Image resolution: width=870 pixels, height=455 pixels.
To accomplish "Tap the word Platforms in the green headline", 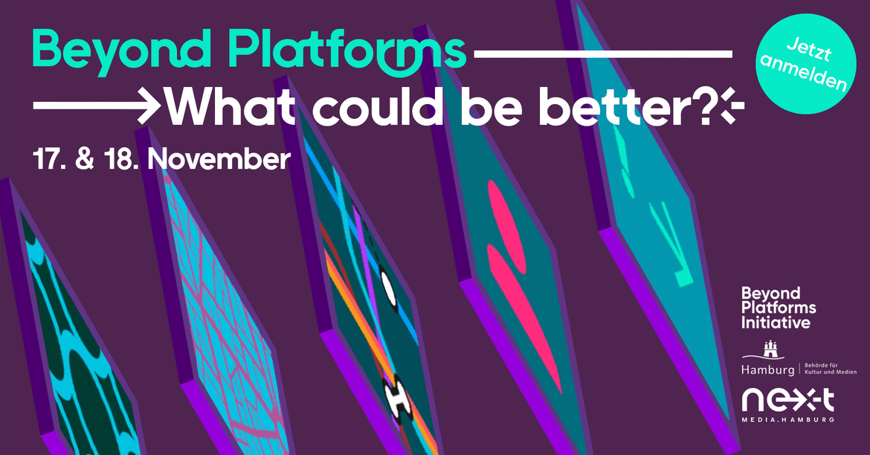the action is click(347, 52).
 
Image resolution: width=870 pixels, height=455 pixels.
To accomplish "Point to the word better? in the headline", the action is click(626, 106).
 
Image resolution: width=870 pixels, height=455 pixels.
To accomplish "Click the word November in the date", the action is click(219, 159).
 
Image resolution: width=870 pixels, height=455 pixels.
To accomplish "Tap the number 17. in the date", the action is click(49, 159).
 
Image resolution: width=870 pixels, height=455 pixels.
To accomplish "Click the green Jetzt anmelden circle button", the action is click(805, 64).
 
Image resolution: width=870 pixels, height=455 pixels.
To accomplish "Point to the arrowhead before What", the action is click(149, 105).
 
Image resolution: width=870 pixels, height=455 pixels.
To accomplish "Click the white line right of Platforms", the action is click(603, 54).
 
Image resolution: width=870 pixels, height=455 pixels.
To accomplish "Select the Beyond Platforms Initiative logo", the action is click(779, 308).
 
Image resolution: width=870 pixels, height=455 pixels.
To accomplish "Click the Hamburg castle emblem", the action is click(770, 349).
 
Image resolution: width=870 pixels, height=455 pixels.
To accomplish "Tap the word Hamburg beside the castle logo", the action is click(768, 370).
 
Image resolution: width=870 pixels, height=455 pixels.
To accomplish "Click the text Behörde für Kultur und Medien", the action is click(830, 369).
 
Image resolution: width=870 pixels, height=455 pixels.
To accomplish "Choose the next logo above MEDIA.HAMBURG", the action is click(788, 401).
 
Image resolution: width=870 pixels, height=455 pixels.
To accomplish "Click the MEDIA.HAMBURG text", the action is click(788, 419).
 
